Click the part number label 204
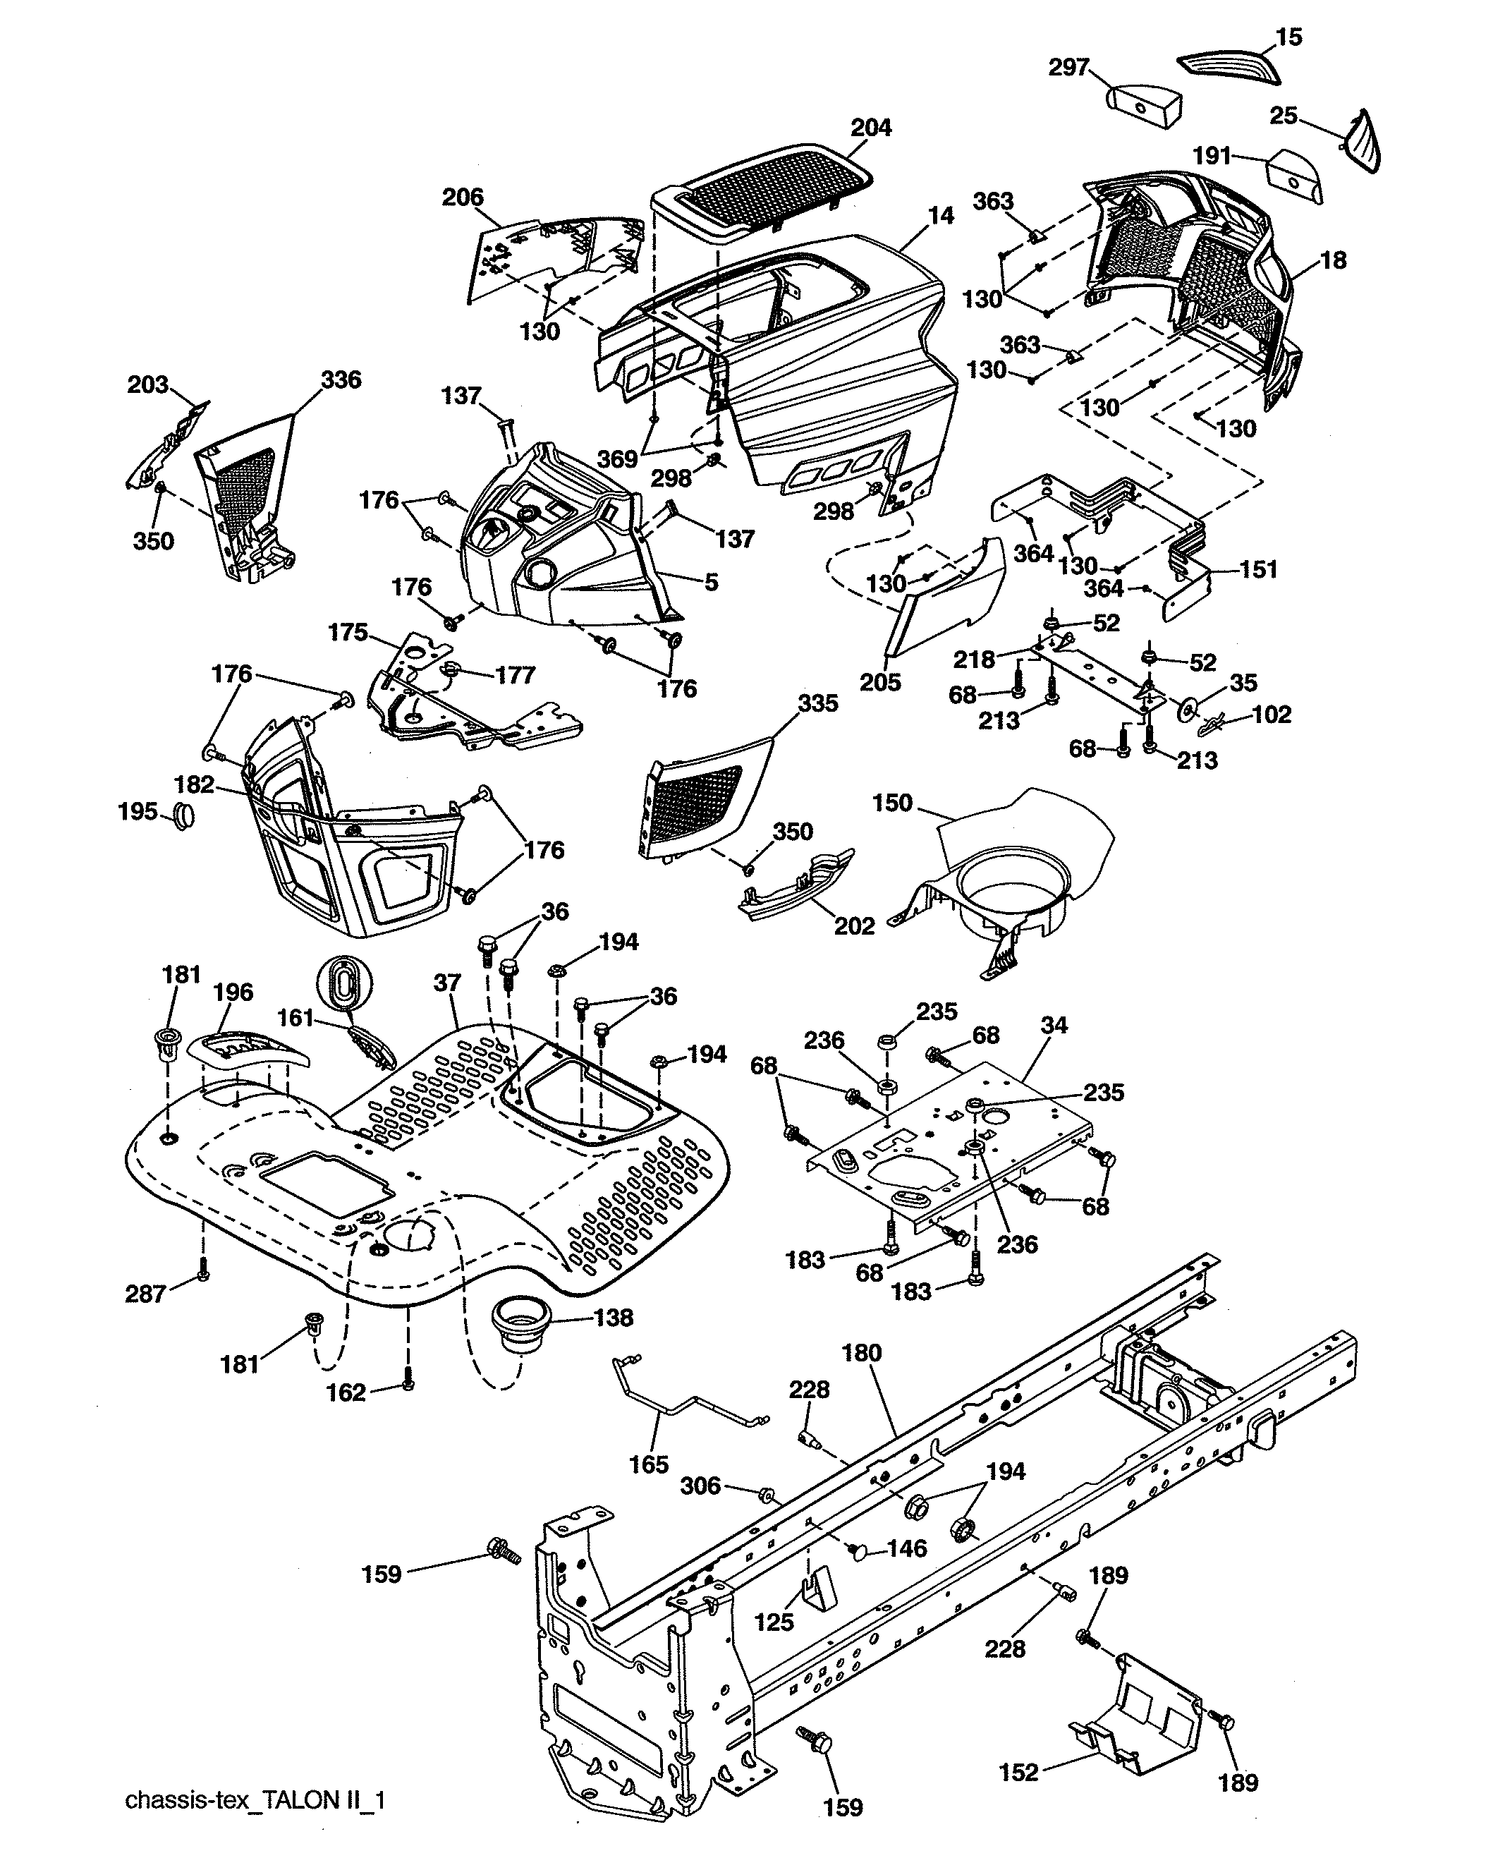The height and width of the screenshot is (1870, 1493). pyautogui.click(x=870, y=128)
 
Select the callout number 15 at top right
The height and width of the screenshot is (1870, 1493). pyautogui.click(x=1288, y=37)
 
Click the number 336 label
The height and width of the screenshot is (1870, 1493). pyautogui.click(x=341, y=380)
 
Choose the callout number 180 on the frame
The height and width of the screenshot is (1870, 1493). pyautogui.click(x=861, y=1353)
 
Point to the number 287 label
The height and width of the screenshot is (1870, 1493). pyautogui.click(x=145, y=1294)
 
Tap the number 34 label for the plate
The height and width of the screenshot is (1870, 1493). pyautogui.click(x=1054, y=1025)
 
